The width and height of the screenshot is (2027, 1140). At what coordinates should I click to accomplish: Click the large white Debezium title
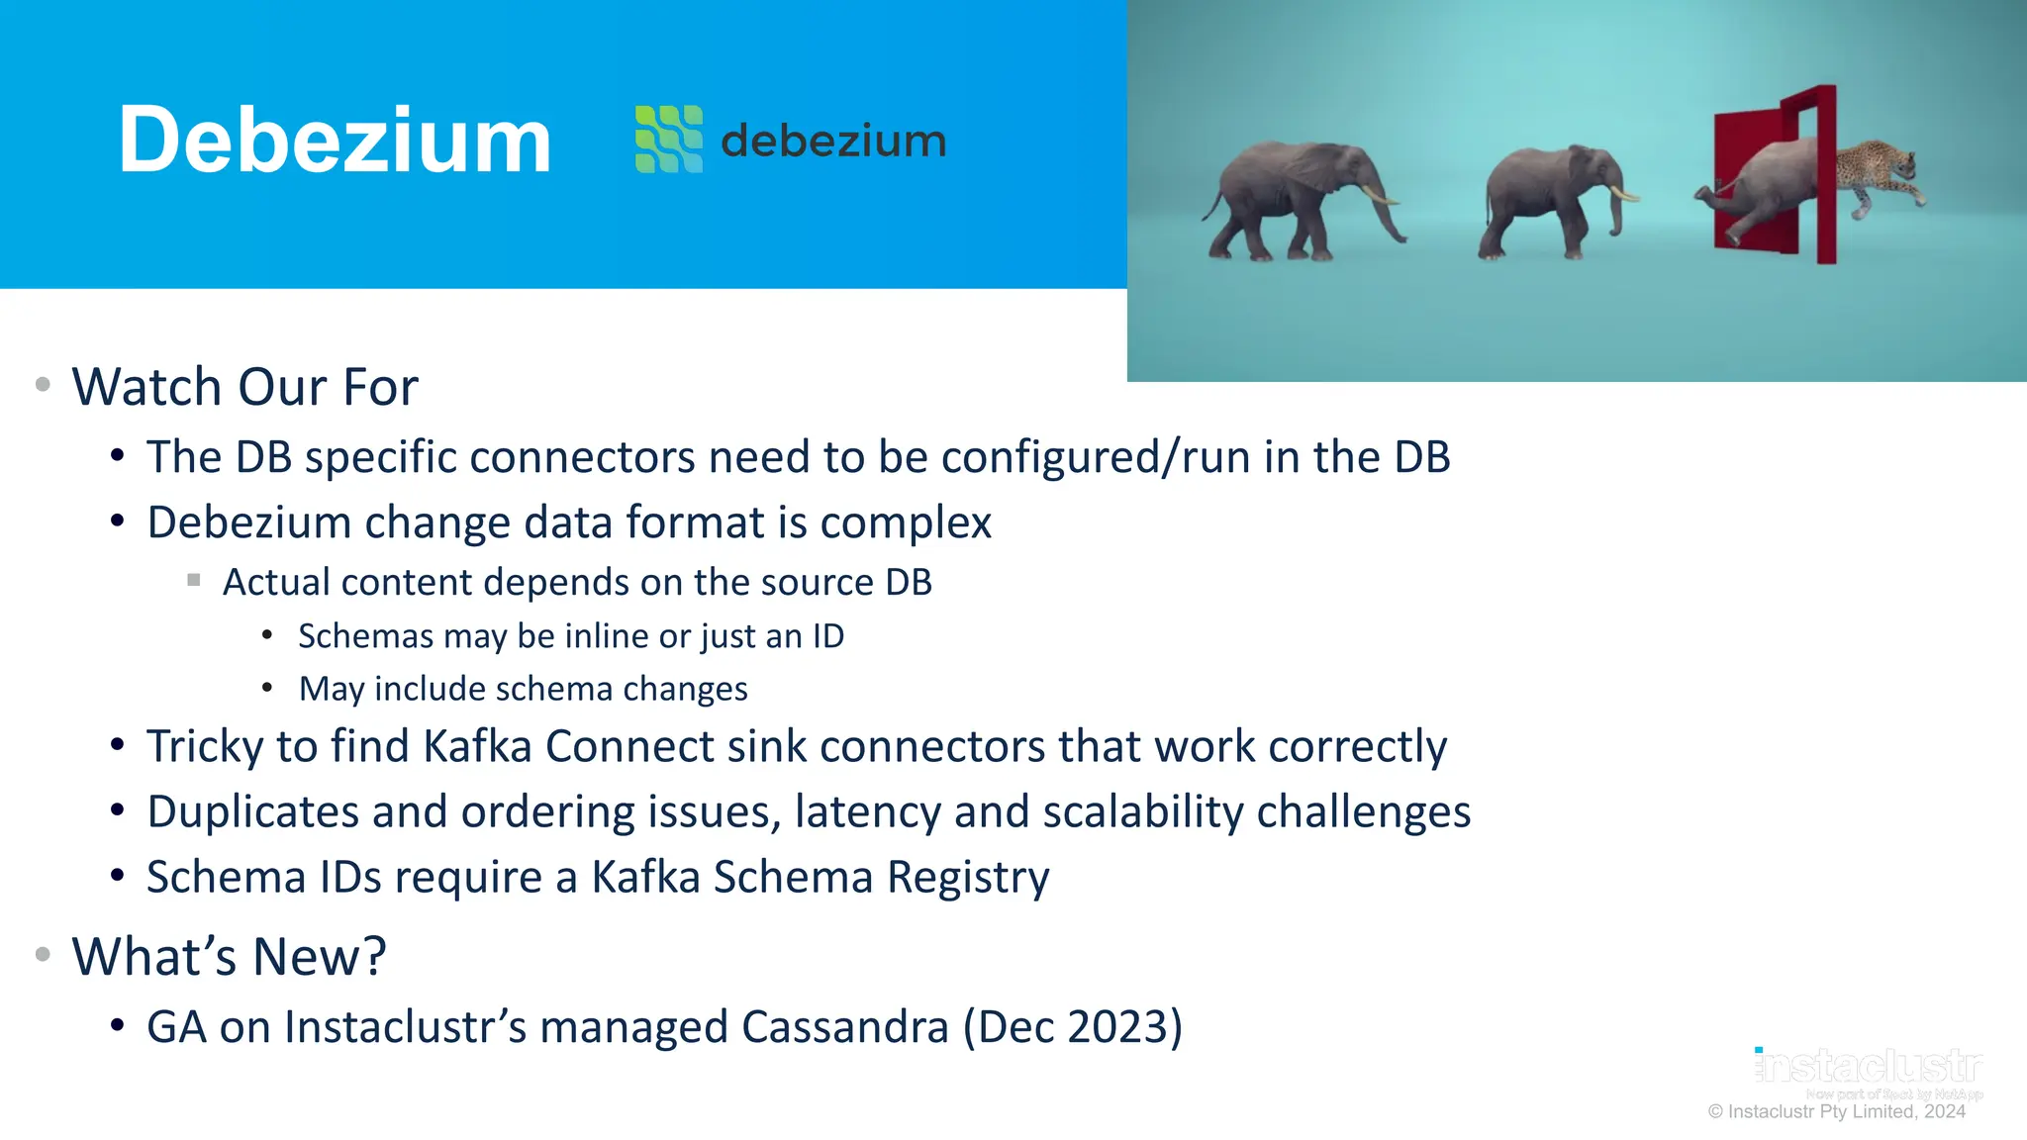pos(335,142)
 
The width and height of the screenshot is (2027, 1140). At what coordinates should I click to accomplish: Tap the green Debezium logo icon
pos(669,140)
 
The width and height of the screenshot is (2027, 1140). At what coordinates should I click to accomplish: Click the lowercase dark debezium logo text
pos(833,142)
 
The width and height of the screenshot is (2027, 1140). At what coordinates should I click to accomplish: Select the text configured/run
pos(1095,458)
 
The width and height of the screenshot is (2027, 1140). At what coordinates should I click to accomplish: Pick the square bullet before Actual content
pos(194,581)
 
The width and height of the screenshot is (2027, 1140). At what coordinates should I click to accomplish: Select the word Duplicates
pos(252,812)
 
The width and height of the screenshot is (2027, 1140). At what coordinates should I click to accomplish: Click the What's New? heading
pos(229,957)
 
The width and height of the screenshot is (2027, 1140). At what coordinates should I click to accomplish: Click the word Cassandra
pos(844,1027)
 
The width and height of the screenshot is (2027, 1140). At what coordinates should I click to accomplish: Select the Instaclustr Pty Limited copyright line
pos(1836,1112)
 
